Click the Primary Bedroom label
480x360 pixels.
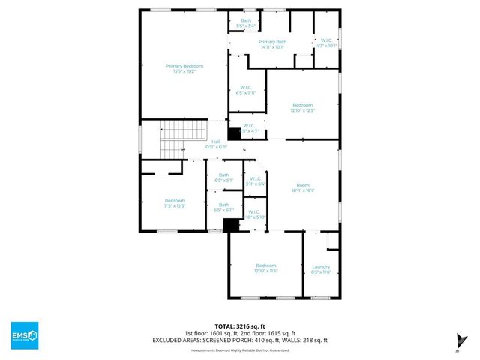[184, 68]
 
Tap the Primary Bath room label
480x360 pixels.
[272, 44]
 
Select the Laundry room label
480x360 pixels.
[321, 268]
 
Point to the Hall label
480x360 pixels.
[215, 144]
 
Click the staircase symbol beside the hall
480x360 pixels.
[183, 139]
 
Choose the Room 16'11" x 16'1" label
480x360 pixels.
[303, 187]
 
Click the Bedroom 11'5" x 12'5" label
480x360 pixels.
[175, 202]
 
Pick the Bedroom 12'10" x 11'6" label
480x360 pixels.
[266, 268]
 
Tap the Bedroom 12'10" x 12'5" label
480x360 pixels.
[302, 107]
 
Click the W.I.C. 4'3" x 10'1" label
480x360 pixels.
[327, 43]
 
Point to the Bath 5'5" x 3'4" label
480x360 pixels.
[246, 22]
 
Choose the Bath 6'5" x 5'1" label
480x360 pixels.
[223, 178]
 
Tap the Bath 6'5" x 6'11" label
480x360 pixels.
[223, 207]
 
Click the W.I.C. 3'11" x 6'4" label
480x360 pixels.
[256, 181]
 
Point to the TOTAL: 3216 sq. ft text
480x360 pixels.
[240, 326]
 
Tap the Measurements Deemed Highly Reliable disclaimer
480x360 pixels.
[240, 350]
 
